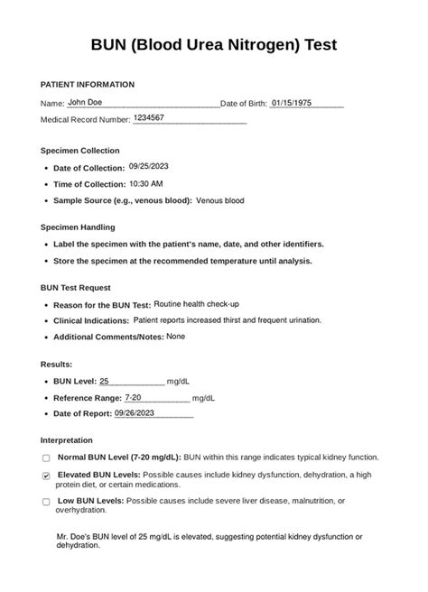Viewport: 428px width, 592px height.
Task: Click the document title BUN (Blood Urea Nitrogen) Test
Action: [x=214, y=45]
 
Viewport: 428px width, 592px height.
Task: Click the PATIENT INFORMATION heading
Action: [x=88, y=85]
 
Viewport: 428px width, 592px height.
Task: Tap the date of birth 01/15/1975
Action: [x=294, y=103]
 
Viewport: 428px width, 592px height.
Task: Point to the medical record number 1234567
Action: [x=148, y=118]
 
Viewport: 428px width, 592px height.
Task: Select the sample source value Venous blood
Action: [x=219, y=200]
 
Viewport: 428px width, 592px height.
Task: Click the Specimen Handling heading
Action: [x=78, y=227]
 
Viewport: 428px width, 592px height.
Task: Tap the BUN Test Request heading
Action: [x=76, y=288]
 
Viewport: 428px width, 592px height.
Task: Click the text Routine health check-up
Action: [x=196, y=304]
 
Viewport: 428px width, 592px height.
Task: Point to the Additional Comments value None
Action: [x=175, y=336]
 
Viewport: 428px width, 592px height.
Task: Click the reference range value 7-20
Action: [x=133, y=397]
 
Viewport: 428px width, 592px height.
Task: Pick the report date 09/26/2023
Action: [x=135, y=412]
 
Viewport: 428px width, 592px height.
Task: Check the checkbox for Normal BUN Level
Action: [x=46, y=458]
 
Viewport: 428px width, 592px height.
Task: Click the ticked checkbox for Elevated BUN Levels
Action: [x=46, y=475]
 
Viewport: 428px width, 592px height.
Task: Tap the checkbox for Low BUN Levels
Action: [x=46, y=502]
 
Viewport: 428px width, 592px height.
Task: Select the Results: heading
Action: [x=58, y=365]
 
